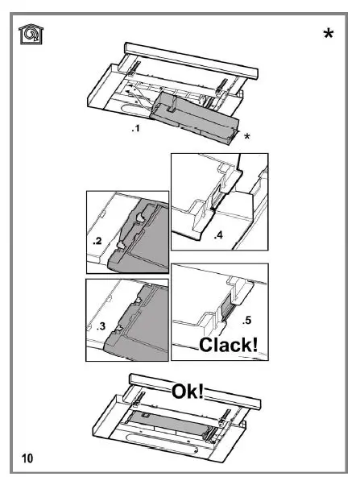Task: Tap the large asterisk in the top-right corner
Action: point(329,35)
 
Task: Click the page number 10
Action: point(27,458)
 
